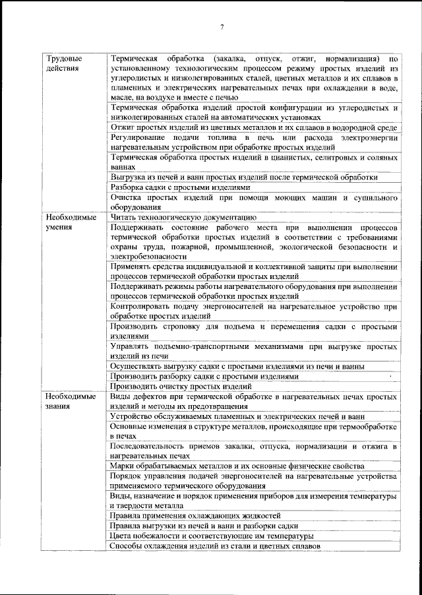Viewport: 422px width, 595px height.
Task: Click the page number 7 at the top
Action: tap(222, 26)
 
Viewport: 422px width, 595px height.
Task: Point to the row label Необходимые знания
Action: tap(71, 402)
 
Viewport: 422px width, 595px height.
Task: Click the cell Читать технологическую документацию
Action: tap(183, 216)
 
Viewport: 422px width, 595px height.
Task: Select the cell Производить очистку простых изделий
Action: tap(182, 387)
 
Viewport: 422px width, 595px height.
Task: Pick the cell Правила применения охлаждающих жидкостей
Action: tap(196, 515)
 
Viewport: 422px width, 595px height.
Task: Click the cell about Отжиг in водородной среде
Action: tap(253, 127)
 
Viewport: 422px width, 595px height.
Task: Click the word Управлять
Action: tap(129, 346)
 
